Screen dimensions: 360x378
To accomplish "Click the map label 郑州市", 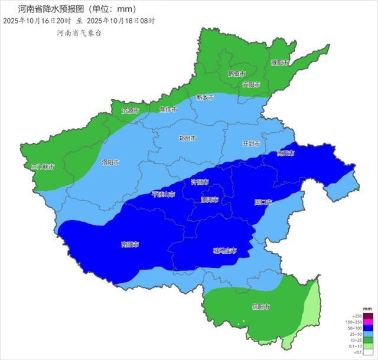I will tap(187, 138).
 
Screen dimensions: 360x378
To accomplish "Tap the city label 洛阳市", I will tap(110, 162).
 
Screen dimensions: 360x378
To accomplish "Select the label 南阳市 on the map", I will tap(130, 244).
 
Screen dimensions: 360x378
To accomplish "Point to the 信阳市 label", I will tap(260, 307).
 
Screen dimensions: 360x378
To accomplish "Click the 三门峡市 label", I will tap(43, 167).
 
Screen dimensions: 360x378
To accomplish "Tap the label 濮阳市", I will tap(279, 63).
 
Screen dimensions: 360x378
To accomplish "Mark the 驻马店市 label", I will tap(224, 251).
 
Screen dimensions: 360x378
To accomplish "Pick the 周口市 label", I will tap(263, 202).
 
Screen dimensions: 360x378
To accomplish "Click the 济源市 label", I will tap(131, 110).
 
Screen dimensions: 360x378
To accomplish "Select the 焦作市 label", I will tap(168, 109).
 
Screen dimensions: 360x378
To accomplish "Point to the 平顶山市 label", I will tap(164, 194).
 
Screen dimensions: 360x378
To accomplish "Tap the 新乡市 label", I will tap(205, 97).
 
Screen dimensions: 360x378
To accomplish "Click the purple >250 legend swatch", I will tap(367, 317).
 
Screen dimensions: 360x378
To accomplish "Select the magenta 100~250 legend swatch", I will tap(367, 322).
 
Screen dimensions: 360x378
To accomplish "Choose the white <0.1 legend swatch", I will tap(367, 352).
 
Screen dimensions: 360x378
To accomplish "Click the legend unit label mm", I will tap(367, 309).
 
